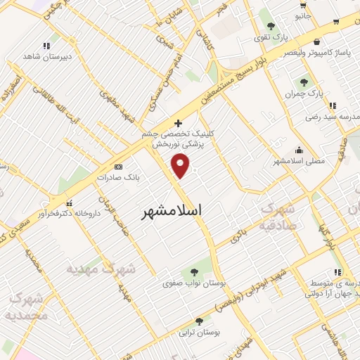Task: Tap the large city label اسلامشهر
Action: [172, 210]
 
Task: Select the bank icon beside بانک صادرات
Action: [118, 167]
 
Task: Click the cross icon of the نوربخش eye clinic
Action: [179, 122]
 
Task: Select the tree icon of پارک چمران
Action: [304, 82]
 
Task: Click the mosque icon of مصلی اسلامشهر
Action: [300, 150]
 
